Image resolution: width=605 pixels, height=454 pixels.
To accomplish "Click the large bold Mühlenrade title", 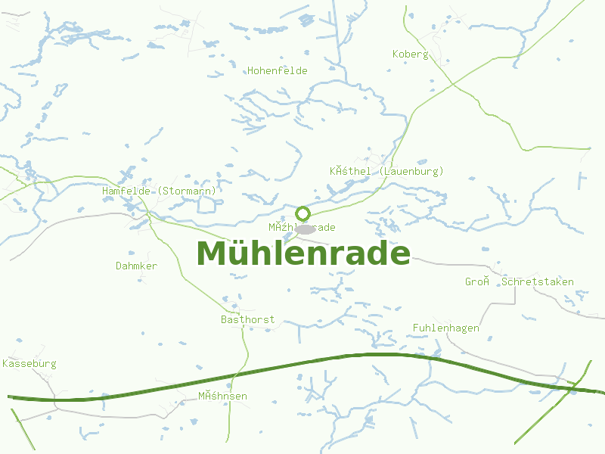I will pos(303,254).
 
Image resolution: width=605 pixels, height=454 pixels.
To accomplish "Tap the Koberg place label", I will pos(411,54).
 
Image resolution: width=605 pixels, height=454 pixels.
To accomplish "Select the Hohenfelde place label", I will pos(278,71).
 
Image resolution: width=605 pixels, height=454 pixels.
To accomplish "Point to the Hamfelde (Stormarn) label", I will pos(160,191).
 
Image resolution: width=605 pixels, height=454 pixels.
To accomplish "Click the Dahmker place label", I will pos(137,266).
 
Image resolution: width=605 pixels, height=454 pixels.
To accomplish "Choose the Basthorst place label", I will pos(248,320).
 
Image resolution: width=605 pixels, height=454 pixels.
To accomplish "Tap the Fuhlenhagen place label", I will pos(446,328).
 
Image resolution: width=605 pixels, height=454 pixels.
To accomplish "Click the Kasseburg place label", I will pos(29,364).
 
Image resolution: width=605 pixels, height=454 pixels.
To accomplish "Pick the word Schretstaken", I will pos(538,282).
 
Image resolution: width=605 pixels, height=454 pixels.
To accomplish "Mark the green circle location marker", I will pos(303,213).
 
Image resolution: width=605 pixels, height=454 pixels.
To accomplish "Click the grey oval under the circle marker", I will pos(305,229).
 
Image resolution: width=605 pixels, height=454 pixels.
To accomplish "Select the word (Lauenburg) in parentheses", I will pos(412,172).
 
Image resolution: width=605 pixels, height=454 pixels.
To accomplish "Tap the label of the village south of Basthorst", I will pos(223,396).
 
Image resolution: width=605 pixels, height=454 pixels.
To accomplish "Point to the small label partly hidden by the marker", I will pos(302,228).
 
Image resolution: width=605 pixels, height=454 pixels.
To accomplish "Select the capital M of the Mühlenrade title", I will pos(213,254).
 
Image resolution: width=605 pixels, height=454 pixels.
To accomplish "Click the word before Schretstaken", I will pos(478,282).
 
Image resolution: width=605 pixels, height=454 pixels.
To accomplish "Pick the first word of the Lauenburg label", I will pos(350,172).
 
